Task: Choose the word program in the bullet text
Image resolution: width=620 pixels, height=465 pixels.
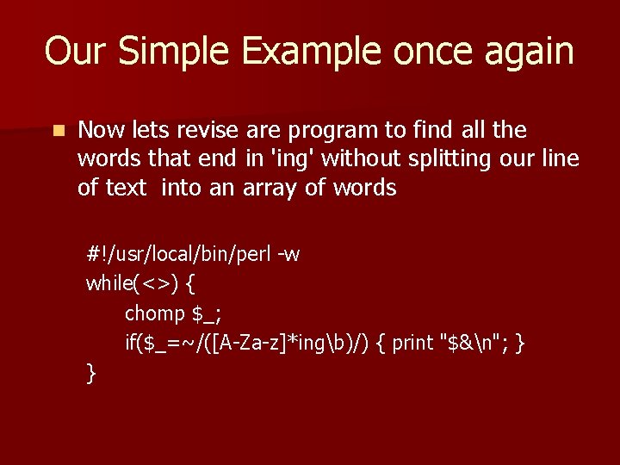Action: point(333,131)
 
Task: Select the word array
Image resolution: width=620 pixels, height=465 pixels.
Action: point(271,188)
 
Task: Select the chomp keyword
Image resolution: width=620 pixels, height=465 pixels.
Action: point(155,313)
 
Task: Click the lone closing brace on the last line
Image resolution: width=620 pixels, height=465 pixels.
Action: point(91,372)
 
